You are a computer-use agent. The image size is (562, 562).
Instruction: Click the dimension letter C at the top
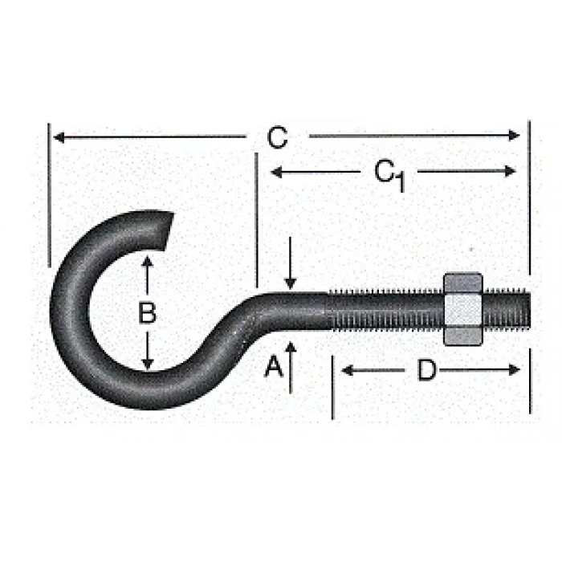coord(277,138)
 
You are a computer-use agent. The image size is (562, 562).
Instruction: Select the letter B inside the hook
coord(147,312)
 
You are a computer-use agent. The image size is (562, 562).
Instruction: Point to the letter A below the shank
coord(274,367)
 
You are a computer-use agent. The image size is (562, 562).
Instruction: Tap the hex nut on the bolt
coord(462,308)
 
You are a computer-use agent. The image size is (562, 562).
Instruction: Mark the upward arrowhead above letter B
coord(147,262)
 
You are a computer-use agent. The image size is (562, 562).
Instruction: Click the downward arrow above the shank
coord(291,281)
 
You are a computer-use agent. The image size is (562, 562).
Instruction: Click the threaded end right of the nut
coord(507,310)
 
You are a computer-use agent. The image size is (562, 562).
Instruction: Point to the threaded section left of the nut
coord(385,312)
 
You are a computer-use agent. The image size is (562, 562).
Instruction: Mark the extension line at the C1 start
coord(256,217)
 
